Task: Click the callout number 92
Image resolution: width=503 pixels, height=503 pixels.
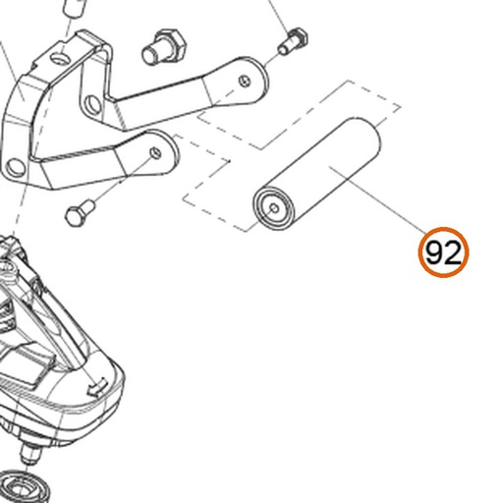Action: [x=443, y=252]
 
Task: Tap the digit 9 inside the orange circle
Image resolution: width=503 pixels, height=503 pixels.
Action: [x=434, y=252]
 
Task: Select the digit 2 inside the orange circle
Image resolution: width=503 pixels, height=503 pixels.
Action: [x=453, y=252]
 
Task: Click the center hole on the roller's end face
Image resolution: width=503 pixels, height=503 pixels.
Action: [x=274, y=208]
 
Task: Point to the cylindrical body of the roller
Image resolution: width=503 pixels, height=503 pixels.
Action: [x=317, y=174]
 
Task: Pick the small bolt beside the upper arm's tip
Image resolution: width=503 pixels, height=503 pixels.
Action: [x=293, y=41]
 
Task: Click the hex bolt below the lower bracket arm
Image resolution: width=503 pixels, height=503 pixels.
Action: [x=81, y=213]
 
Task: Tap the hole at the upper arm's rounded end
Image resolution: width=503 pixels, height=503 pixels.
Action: [x=245, y=81]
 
